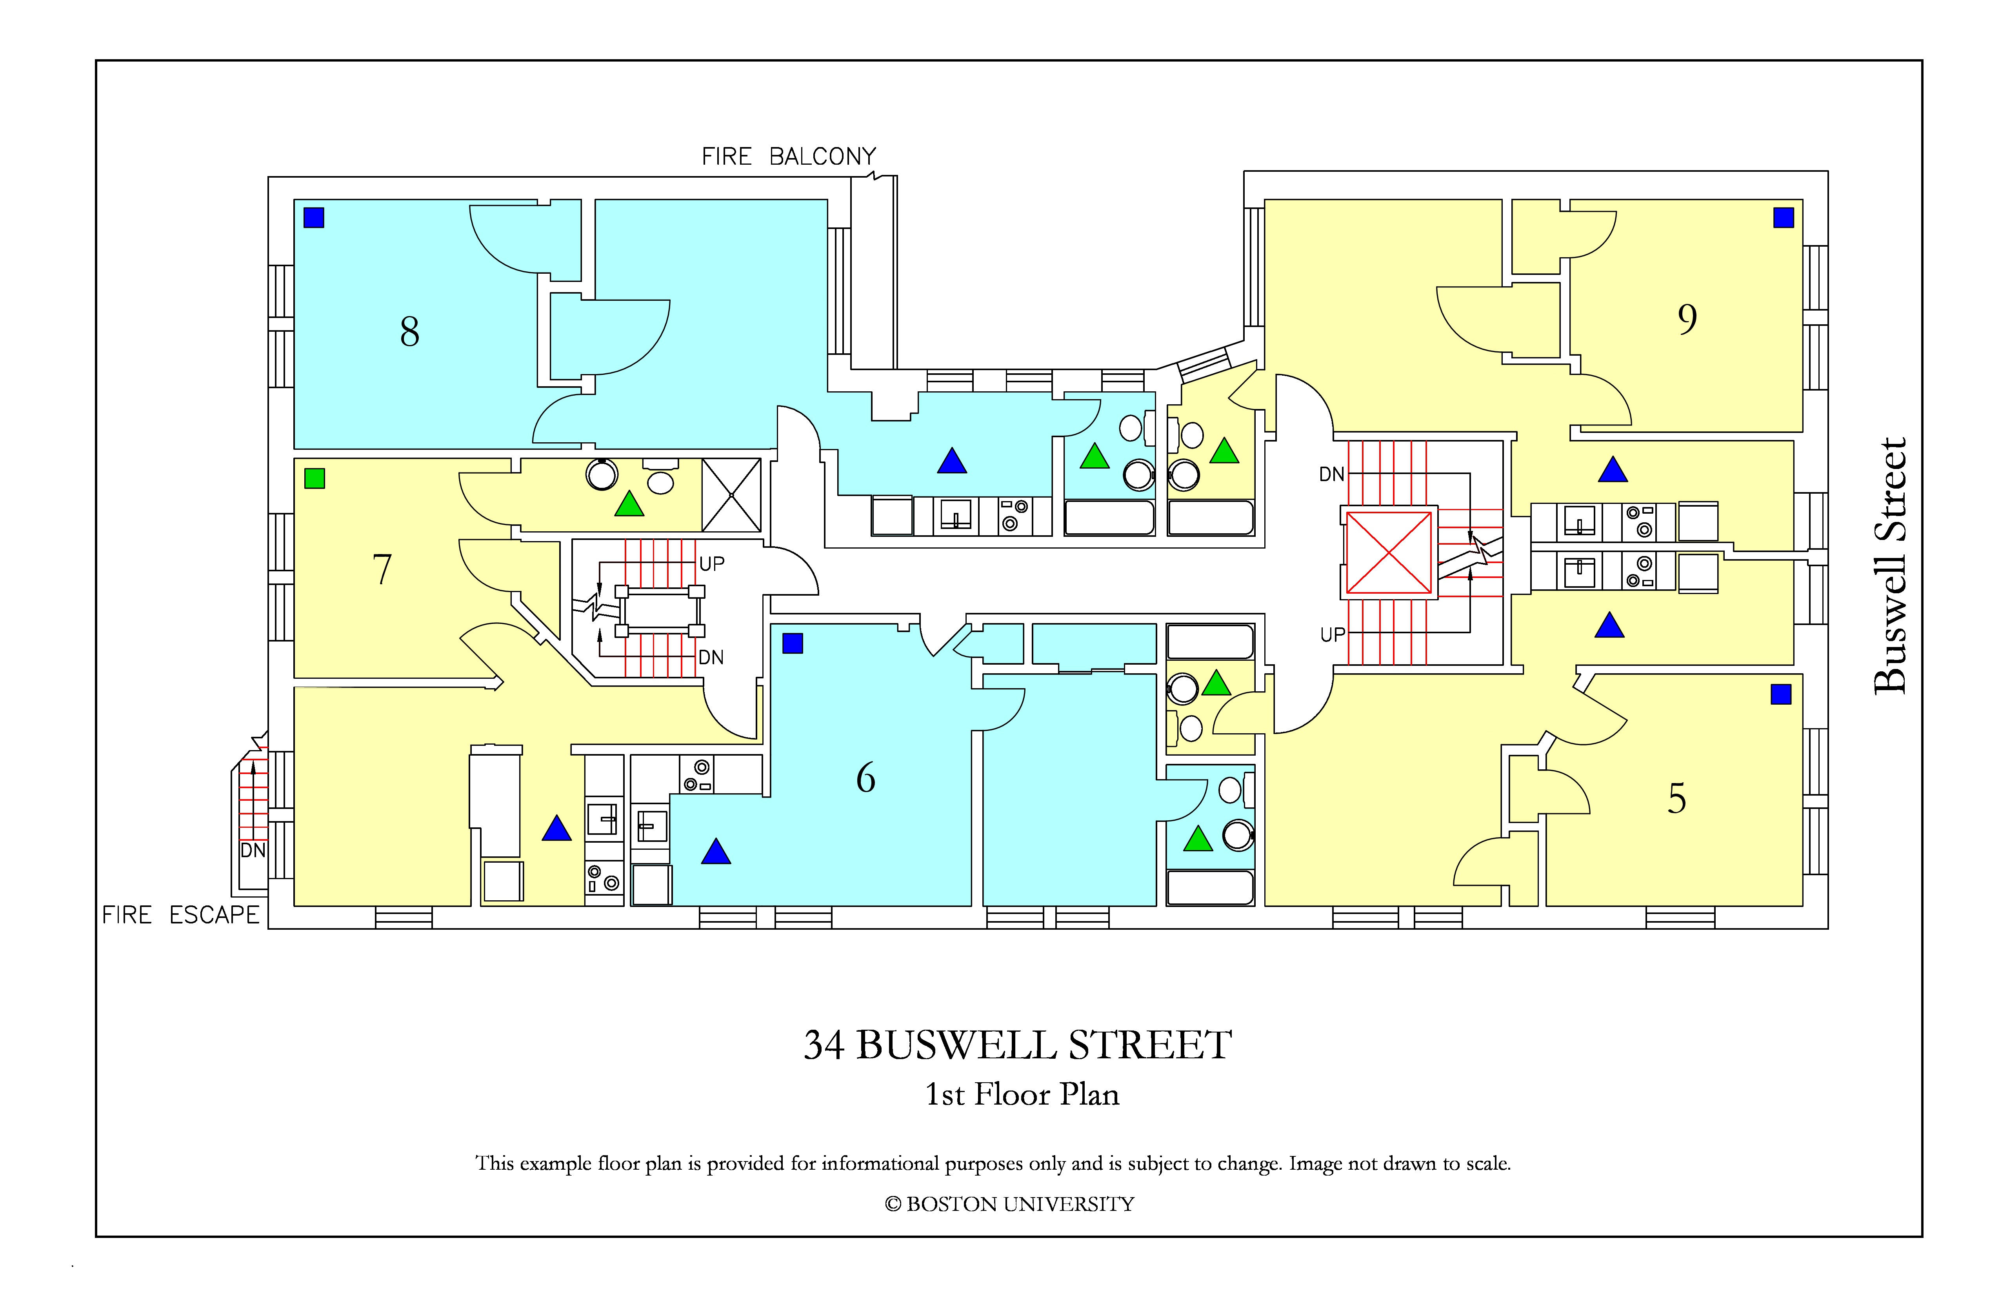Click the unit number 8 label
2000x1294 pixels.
(x=409, y=332)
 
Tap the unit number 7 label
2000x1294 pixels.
(x=382, y=570)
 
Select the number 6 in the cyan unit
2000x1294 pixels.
(x=865, y=778)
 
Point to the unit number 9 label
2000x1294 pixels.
(x=1687, y=319)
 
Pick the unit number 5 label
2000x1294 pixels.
(x=1676, y=798)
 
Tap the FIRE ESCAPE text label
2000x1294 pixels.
(x=181, y=915)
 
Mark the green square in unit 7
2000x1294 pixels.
(x=314, y=478)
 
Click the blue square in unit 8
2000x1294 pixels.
(x=313, y=218)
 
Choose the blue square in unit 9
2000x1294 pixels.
(x=1783, y=218)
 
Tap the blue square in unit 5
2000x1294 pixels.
(x=1781, y=694)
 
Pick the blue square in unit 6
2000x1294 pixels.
(x=793, y=643)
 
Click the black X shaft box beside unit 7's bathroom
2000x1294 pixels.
(x=731, y=495)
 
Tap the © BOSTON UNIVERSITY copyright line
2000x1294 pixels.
(x=1009, y=1204)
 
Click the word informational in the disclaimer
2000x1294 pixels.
(x=880, y=1164)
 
